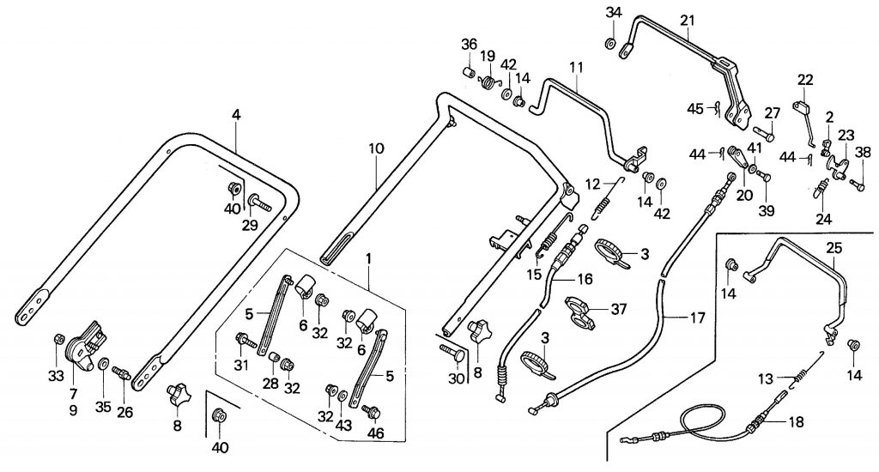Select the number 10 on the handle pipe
[x=375, y=148]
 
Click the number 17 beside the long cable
[x=697, y=318]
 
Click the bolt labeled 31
[x=246, y=342]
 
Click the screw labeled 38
[x=857, y=182]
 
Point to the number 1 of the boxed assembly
[x=370, y=258]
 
